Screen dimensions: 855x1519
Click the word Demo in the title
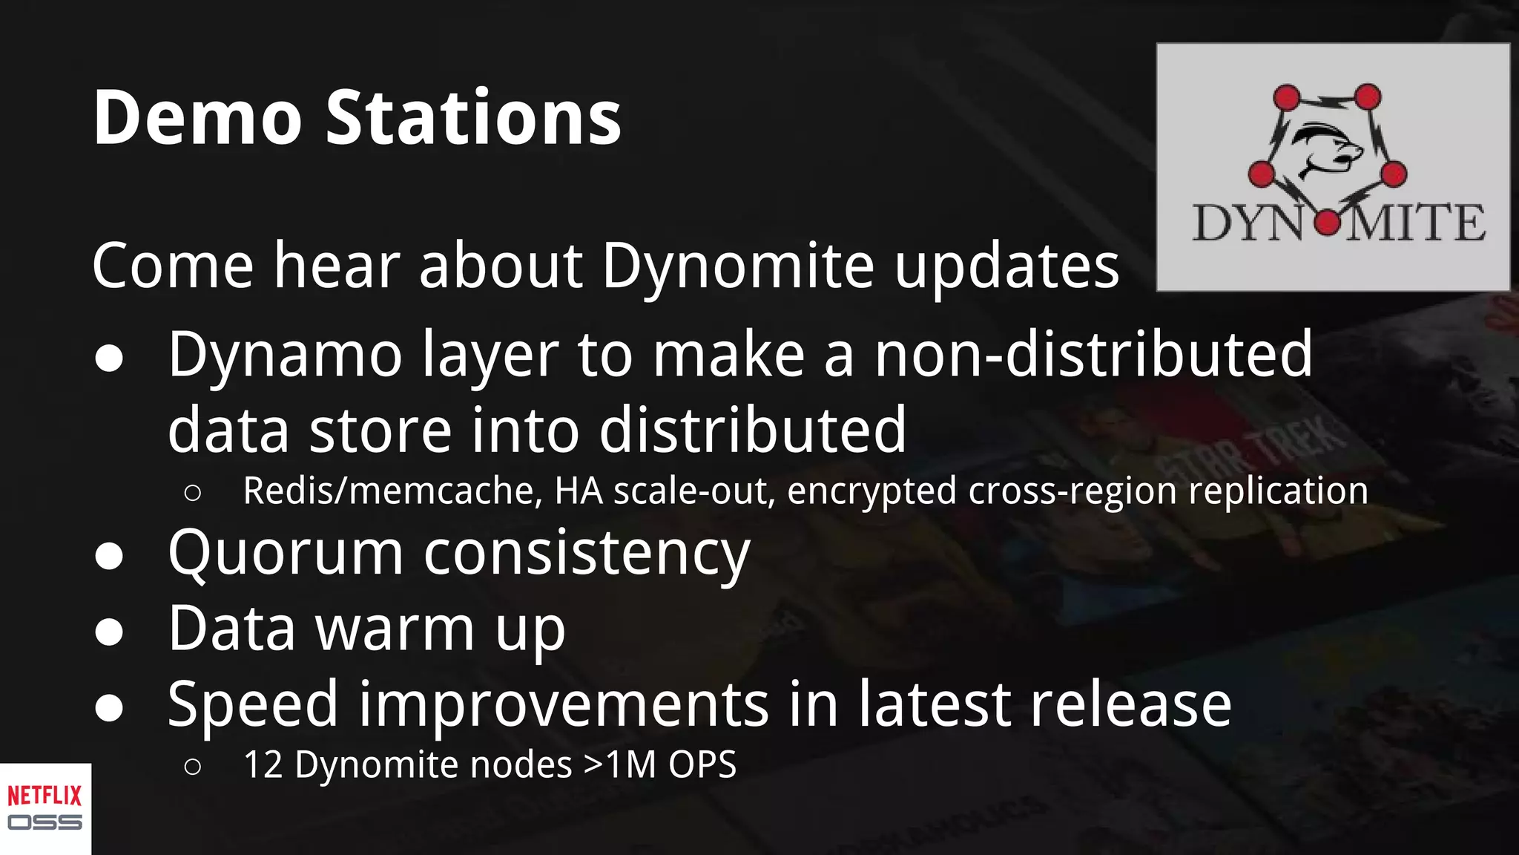(x=197, y=117)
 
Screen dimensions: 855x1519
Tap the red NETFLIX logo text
(x=45, y=796)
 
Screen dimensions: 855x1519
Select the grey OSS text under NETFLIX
(x=45, y=822)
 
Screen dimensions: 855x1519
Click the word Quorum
(x=286, y=553)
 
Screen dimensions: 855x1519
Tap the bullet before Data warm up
(x=109, y=632)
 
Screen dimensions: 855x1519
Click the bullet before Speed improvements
(x=109, y=707)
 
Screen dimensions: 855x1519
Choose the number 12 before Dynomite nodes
(x=263, y=765)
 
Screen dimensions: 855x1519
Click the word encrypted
(x=871, y=491)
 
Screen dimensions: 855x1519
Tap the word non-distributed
(x=1093, y=355)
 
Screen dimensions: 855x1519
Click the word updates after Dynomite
(x=1006, y=266)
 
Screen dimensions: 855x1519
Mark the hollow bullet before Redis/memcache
(x=192, y=493)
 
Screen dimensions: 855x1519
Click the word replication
(x=1279, y=491)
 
